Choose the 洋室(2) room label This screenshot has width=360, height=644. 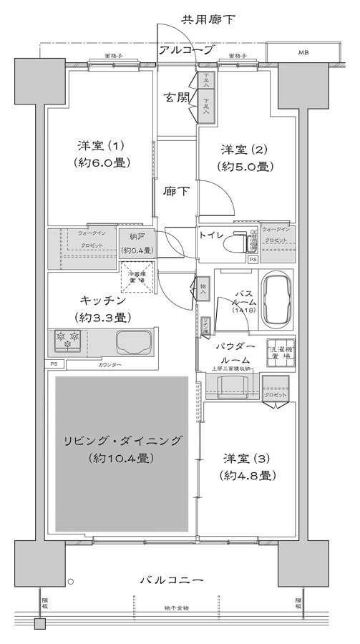tap(244, 158)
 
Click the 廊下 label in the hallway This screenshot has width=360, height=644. tap(175, 192)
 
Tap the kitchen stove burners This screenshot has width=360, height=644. tap(68, 341)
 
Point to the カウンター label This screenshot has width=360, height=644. tap(109, 366)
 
